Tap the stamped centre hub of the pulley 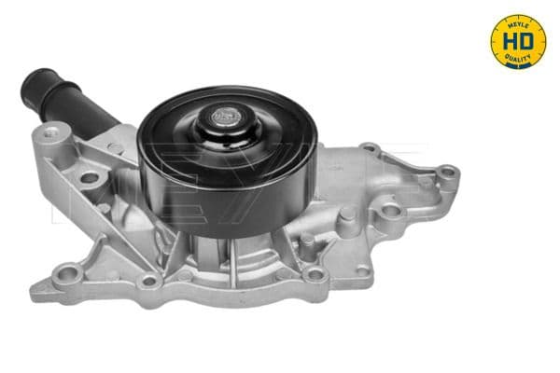tap(225, 117)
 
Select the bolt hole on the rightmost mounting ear tap(446, 173)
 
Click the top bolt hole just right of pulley tap(370, 148)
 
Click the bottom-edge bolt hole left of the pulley tap(147, 280)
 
